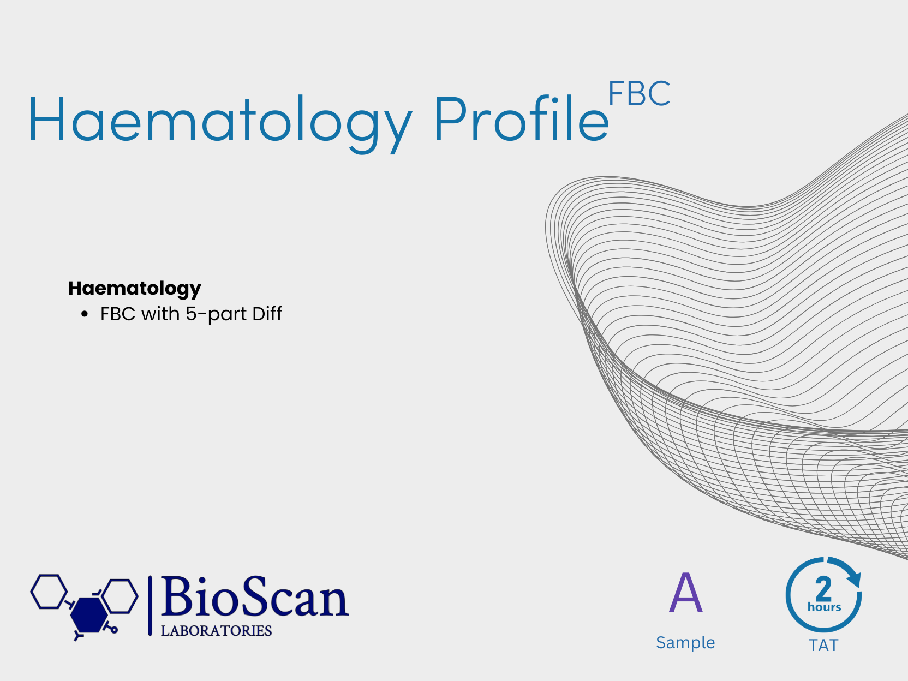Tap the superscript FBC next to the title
(639, 93)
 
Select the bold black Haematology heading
(135, 289)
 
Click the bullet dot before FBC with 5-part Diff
(85, 314)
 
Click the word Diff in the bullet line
(267, 313)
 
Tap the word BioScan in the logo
(255, 596)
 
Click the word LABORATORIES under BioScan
(216, 631)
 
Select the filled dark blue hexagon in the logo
(89, 615)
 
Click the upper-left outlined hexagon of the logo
(49, 592)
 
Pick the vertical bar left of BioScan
(150, 606)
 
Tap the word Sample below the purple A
(685, 643)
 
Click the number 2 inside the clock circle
(823, 589)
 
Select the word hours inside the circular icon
(824, 607)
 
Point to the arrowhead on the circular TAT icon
(854, 578)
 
